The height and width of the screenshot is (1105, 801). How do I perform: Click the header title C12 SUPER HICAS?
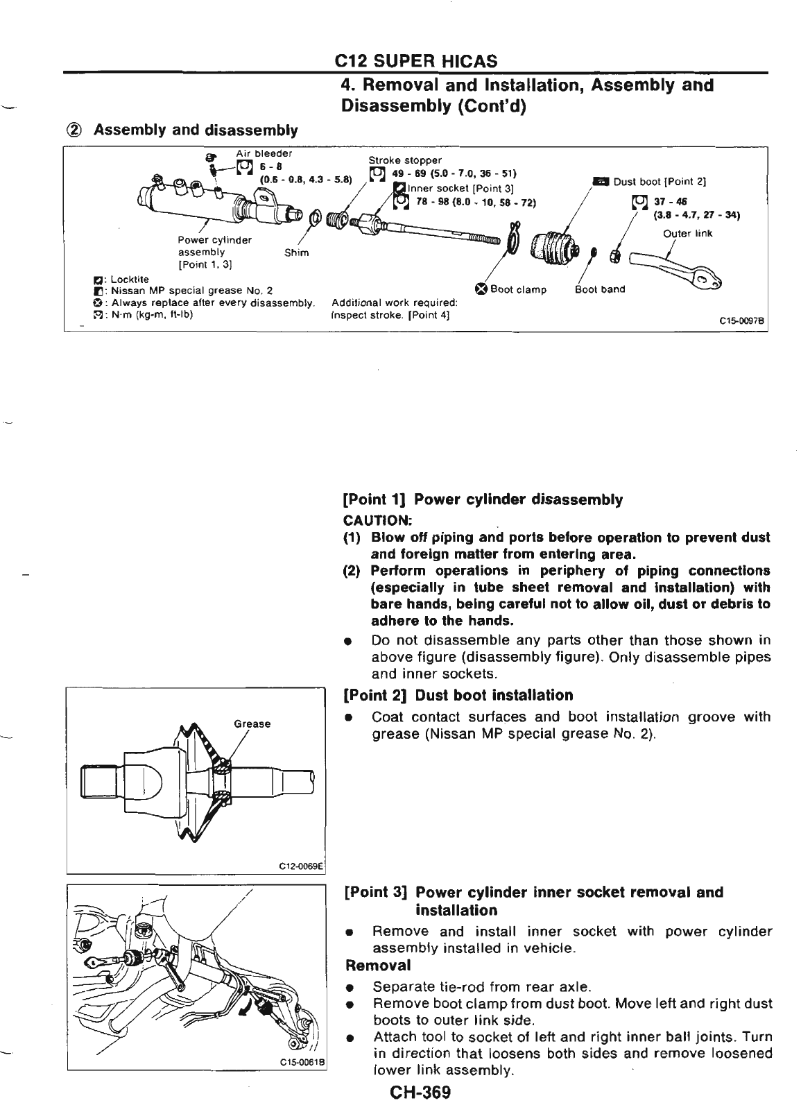coord(415,62)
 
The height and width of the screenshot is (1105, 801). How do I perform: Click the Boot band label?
coord(600,289)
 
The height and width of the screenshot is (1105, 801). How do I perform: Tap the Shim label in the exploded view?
coord(296,252)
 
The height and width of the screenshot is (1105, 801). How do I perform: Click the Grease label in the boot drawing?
coord(252,724)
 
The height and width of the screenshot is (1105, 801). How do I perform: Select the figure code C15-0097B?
coord(741,321)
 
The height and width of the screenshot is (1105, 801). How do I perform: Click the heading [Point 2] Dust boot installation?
coord(458,695)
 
